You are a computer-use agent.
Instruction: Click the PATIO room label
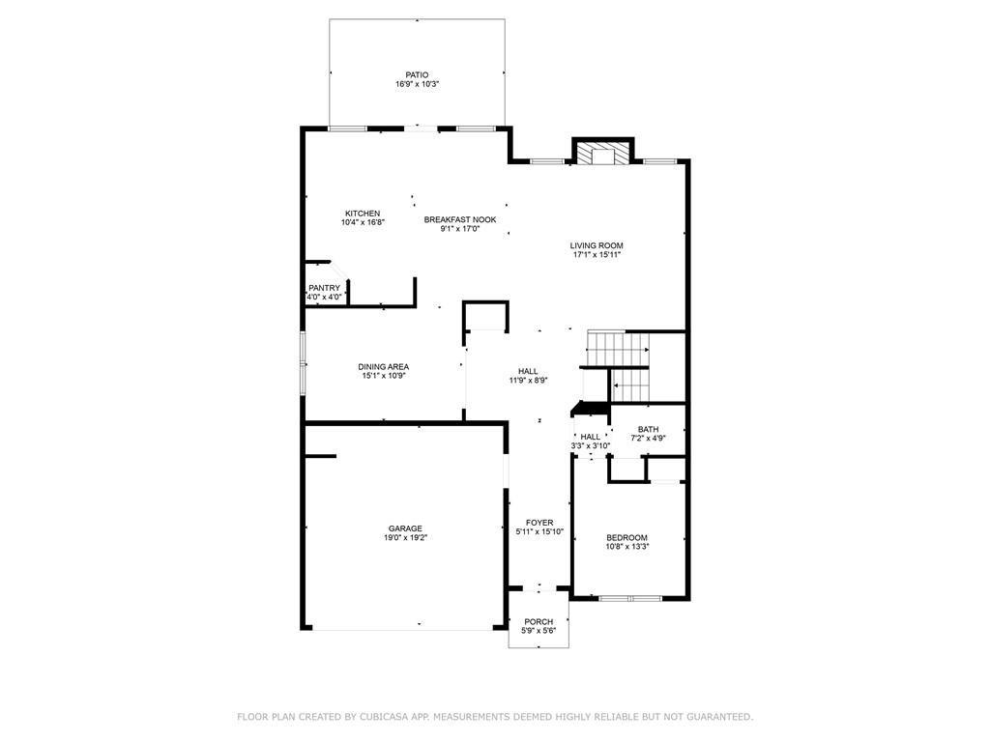417,75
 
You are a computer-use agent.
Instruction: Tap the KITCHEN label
363,214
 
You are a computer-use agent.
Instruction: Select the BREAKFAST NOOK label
459,219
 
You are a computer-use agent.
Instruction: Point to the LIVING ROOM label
597,245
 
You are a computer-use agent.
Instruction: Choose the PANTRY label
325,288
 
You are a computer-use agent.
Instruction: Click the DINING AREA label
383,366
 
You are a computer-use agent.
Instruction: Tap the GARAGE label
405,528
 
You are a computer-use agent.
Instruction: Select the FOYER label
539,523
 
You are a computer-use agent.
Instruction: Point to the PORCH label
539,622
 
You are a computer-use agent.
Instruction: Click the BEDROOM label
626,537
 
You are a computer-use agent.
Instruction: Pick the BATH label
649,429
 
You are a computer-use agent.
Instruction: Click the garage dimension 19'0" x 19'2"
405,538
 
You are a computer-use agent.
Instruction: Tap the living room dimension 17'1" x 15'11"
597,255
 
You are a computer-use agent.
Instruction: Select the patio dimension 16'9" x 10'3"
418,84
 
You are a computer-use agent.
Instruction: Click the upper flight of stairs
618,349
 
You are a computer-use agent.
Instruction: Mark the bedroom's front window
630,597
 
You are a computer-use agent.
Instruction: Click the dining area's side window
303,363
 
